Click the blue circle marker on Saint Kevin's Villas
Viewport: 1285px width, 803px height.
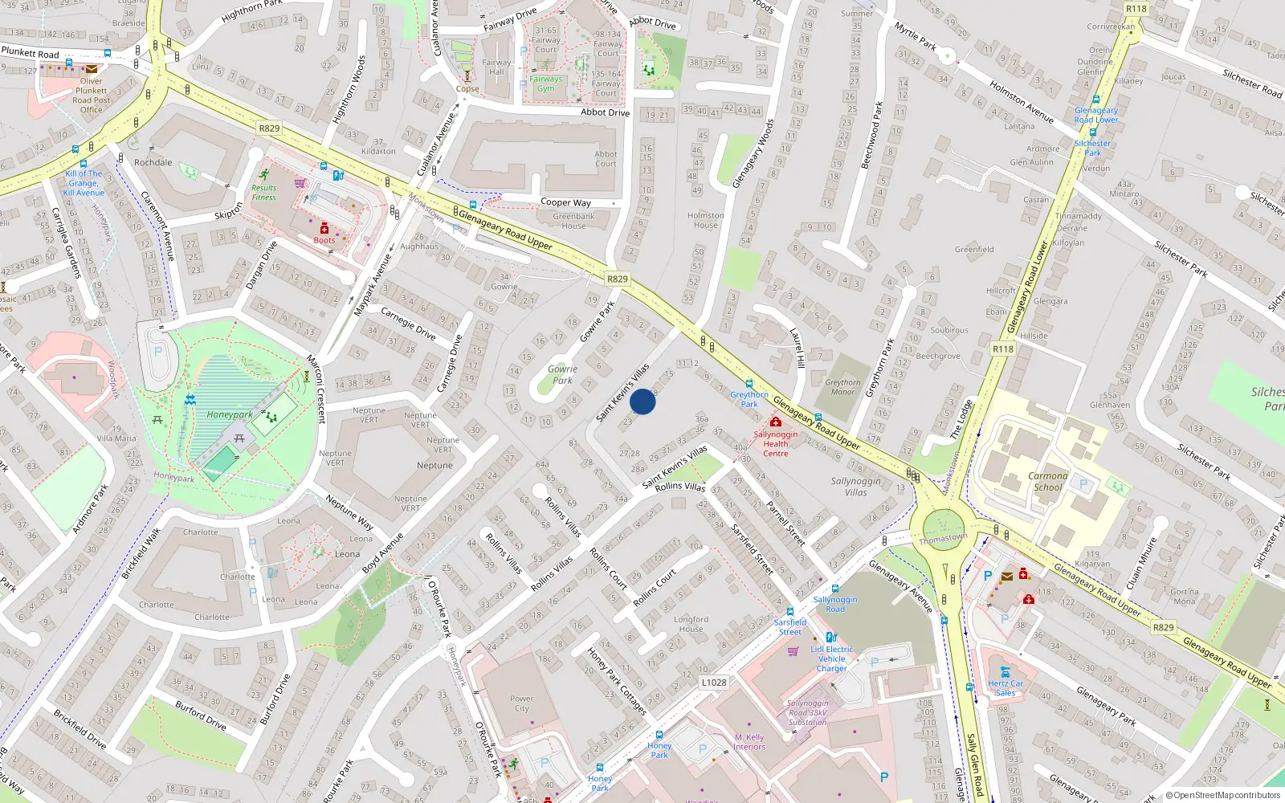point(642,401)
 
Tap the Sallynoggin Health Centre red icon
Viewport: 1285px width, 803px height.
point(775,422)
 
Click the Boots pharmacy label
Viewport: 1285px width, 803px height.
point(324,240)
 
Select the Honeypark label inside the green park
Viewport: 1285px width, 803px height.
point(230,415)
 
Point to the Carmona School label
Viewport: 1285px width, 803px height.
point(1048,481)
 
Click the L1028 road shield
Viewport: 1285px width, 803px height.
point(714,683)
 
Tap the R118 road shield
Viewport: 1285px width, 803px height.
point(1002,349)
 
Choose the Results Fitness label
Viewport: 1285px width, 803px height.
point(263,193)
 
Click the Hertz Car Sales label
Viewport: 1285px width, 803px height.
point(1006,688)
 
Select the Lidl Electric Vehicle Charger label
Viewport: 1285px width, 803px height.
point(832,658)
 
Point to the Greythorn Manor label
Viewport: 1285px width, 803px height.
point(842,387)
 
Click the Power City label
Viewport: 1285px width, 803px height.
point(521,703)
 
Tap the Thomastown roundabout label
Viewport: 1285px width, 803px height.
point(943,538)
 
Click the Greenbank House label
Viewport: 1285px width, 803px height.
point(573,221)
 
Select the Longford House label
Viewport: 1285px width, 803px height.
point(691,624)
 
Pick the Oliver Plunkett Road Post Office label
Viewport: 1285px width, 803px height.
point(92,96)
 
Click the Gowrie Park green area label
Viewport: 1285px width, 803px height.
point(562,375)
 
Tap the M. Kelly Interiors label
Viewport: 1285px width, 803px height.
point(749,742)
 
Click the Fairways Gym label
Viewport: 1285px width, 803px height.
point(545,84)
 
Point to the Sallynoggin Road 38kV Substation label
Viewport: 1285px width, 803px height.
point(808,712)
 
